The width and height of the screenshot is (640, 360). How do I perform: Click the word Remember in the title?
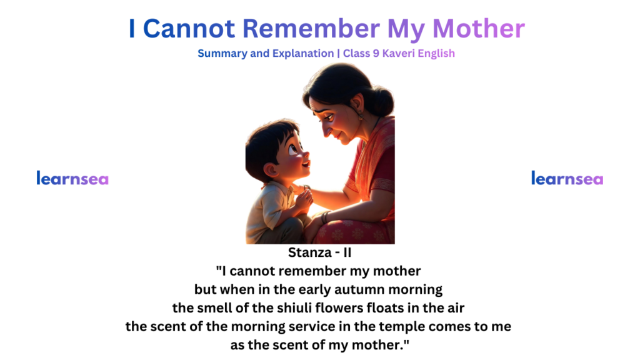click(311, 29)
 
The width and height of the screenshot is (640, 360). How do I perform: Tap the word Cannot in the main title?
click(189, 29)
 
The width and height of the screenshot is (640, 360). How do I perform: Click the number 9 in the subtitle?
click(376, 54)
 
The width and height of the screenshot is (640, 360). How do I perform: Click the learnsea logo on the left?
click(72, 178)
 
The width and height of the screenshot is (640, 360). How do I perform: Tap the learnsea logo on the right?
click(567, 178)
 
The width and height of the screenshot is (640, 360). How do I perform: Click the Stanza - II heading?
click(319, 252)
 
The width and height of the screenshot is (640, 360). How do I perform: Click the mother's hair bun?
click(381, 101)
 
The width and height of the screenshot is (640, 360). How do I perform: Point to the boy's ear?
click(271, 169)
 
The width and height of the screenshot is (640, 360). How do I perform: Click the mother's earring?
click(361, 116)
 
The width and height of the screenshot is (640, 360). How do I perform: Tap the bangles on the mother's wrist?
click(325, 217)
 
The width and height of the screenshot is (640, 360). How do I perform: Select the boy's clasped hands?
click(304, 199)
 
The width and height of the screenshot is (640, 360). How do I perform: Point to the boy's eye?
click(294, 149)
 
